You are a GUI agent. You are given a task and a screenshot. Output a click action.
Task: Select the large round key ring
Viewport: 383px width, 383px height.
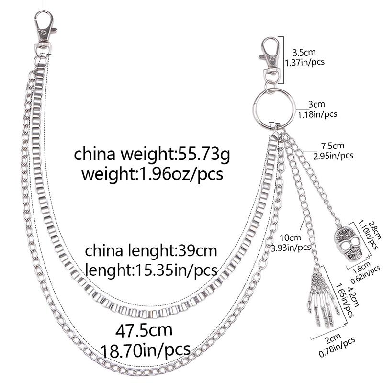coord(274,109)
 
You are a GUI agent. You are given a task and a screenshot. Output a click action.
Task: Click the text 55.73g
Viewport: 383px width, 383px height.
coord(204,154)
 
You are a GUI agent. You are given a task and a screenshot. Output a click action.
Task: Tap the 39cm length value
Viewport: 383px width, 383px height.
coord(198,251)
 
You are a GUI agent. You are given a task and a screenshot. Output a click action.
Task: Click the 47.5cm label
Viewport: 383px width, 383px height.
coord(144,330)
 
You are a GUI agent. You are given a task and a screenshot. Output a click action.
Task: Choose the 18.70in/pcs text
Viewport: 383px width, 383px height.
coord(146,350)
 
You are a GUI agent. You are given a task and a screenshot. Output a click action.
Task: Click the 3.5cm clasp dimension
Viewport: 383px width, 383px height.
coord(304,52)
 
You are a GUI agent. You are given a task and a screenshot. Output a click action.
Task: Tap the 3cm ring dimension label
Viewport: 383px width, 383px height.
coord(316,104)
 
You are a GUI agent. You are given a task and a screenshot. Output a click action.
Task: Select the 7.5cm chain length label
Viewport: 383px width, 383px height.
coord(333,146)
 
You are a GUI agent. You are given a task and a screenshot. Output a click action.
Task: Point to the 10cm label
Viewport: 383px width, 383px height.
coord(290,237)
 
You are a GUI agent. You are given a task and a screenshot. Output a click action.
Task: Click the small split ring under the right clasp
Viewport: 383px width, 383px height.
coord(270,87)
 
